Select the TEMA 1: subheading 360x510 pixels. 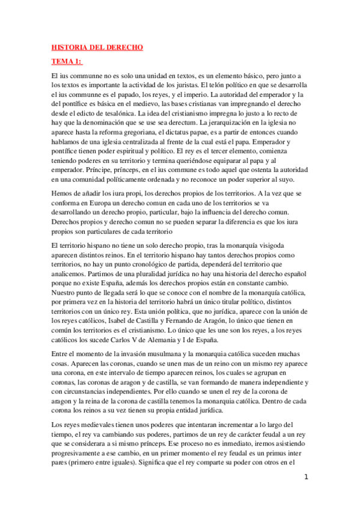[x=67, y=62]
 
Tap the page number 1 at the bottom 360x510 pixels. [x=307, y=478]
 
